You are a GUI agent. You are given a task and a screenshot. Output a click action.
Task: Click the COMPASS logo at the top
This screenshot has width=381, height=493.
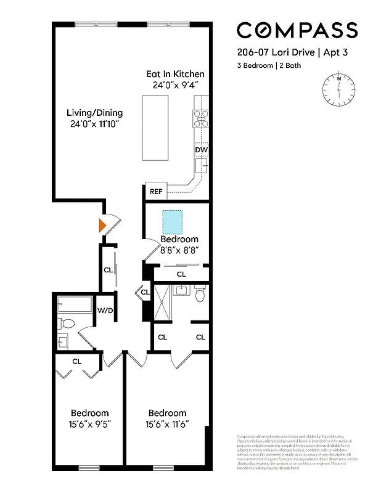click(x=297, y=30)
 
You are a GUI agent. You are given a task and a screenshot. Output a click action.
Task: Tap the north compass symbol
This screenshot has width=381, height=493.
click(x=338, y=89)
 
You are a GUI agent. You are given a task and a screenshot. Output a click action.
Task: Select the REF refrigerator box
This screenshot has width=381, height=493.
click(x=156, y=192)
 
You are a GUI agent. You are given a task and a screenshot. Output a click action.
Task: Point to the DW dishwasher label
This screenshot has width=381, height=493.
click(x=200, y=150)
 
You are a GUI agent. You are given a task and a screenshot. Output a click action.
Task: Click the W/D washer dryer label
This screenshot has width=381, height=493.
click(x=104, y=310)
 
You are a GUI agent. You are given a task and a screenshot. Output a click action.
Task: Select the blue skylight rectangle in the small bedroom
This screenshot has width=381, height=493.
click(x=173, y=220)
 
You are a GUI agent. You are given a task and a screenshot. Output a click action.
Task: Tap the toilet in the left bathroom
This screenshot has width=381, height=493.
click(x=67, y=323)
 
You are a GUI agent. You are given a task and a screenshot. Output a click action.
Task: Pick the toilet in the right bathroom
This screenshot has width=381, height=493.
click(x=200, y=296)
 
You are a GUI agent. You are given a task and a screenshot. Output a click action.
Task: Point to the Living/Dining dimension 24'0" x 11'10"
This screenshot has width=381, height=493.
click(x=94, y=124)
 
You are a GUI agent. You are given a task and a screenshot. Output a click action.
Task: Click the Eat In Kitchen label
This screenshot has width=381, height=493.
click(x=175, y=74)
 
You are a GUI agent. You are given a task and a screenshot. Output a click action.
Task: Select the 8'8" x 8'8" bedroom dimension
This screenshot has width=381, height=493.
click(x=179, y=251)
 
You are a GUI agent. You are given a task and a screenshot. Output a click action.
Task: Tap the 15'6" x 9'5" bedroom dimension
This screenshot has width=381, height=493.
click(x=89, y=425)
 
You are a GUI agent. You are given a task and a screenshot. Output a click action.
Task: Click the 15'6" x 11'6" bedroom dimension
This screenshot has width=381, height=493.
click(x=166, y=425)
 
